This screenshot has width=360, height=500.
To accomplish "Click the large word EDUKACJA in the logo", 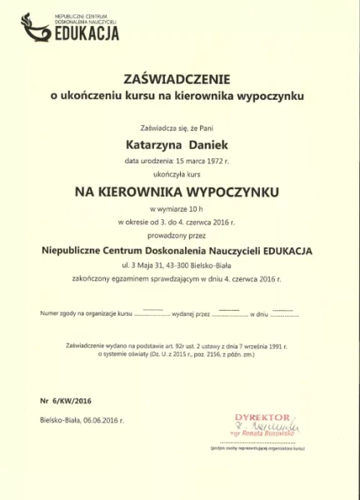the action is [87, 33].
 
